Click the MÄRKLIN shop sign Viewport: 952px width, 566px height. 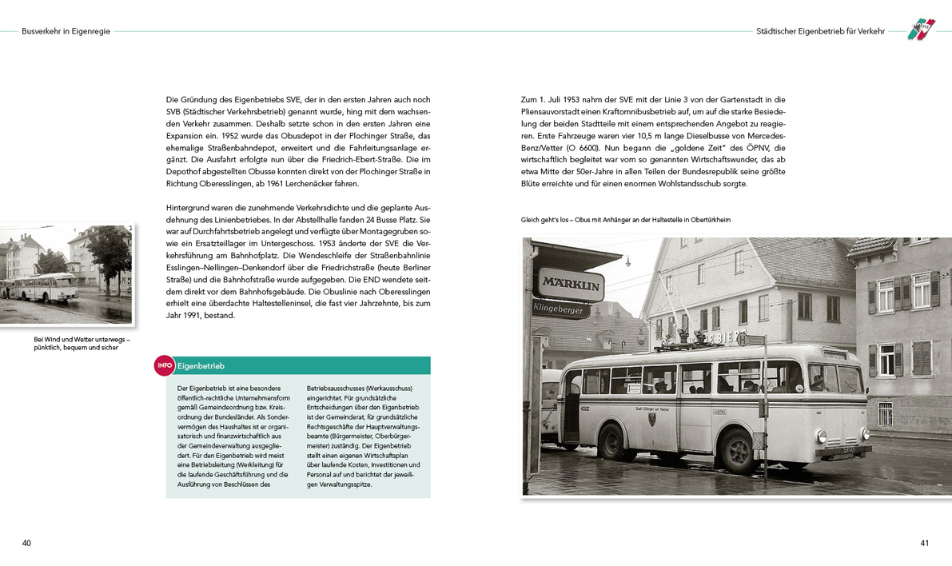571,284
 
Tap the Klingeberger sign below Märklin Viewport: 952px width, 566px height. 560,307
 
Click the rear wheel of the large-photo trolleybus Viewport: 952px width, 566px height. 611,441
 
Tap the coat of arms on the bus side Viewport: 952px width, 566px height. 655,418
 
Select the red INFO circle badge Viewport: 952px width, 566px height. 164,365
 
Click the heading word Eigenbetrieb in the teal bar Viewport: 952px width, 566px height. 201,366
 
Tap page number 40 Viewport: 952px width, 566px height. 26,543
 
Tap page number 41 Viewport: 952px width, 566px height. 924,543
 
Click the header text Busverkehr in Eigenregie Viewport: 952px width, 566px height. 66,31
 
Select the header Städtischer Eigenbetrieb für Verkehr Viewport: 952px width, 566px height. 820,31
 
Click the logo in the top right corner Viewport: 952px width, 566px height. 921,30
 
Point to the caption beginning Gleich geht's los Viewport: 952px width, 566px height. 625,220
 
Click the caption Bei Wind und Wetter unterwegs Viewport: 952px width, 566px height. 81,344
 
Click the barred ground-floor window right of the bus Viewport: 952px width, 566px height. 884,413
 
